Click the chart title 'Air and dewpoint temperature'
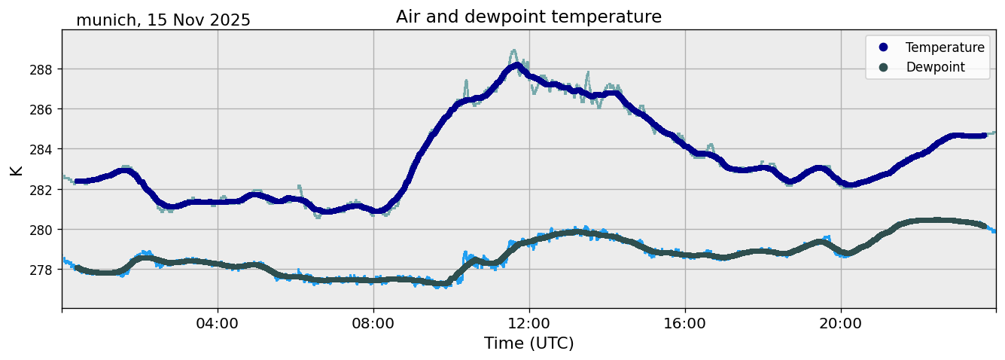coord(528,17)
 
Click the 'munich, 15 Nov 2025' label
coord(163,20)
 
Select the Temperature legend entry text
coord(945,47)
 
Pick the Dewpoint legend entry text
coord(935,67)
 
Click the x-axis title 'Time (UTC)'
coord(528,343)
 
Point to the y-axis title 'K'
coord(16,169)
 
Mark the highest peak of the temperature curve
coord(515,66)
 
